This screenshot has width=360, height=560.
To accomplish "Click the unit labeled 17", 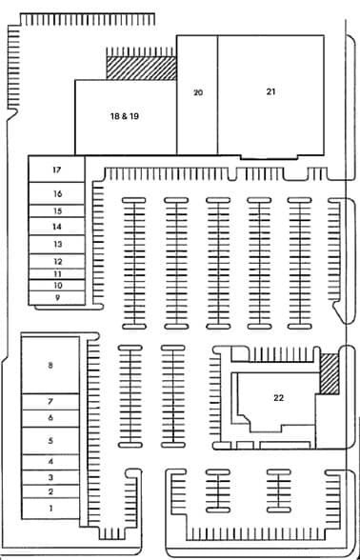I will (57, 170).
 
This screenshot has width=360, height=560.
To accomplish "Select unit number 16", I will (57, 193).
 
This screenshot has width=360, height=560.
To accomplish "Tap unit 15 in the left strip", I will (57, 210).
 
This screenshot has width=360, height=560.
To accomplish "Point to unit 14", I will (57, 227).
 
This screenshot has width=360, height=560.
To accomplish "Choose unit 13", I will (57, 244).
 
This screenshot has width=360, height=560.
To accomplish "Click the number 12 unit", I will (57, 261).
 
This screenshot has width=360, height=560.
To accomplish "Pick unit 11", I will (57, 273).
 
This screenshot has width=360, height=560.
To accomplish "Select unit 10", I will (57, 285).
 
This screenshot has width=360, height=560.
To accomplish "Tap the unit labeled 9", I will (57, 297).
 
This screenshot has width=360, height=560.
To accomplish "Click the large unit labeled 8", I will (50, 365).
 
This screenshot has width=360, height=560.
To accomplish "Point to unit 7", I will (50, 402).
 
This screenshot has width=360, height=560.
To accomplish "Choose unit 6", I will (50, 417).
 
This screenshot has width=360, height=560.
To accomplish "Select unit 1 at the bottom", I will (50, 510).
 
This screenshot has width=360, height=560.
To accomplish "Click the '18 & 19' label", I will (125, 115).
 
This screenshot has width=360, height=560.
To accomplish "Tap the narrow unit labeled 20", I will (198, 93).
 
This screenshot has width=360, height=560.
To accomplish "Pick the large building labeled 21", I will (270, 92).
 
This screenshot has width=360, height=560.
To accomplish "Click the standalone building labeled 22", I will (277, 397).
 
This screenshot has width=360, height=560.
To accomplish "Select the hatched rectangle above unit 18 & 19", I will (141, 68).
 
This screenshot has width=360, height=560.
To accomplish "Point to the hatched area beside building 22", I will (330, 373).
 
